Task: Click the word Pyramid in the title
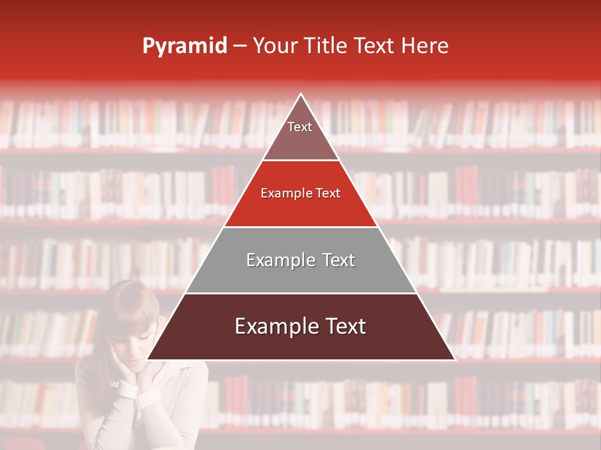[185, 46]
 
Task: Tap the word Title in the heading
[326, 46]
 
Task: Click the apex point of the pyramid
[301, 94]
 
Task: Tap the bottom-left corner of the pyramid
[148, 359]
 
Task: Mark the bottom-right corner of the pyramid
[455, 359]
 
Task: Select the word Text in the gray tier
[335, 260]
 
